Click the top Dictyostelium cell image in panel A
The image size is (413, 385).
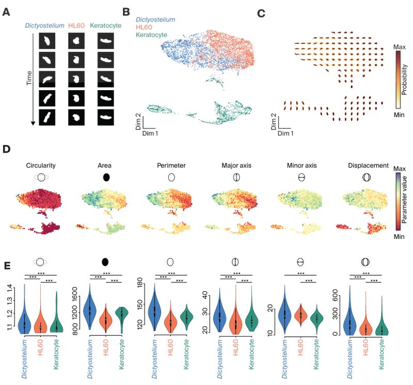pos(48,40)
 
